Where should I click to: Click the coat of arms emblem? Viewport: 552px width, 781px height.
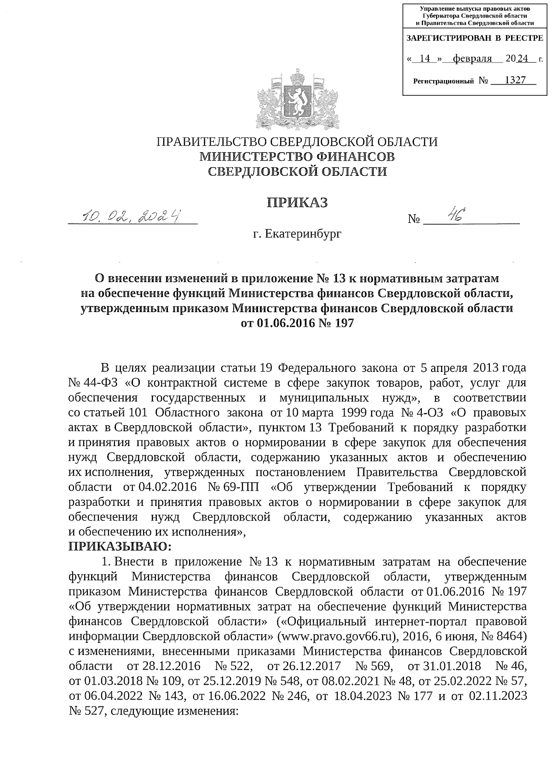[x=298, y=98]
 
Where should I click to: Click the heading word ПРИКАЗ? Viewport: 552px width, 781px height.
[x=298, y=202]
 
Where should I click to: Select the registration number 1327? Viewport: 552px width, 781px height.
[x=515, y=80]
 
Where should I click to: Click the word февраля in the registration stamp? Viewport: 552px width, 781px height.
[x=471, y=59]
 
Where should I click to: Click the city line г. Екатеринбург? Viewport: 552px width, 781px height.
[x=297, y=235]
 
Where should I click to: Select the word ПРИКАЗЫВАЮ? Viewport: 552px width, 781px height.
[x=119, y=547]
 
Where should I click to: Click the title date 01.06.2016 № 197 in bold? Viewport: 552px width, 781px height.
[x=298, y=323]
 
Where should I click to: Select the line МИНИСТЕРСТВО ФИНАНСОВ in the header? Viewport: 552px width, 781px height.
[x=297, y=157]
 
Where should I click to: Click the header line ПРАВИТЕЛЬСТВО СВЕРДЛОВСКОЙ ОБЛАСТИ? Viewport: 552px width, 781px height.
[x=297, y=141]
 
